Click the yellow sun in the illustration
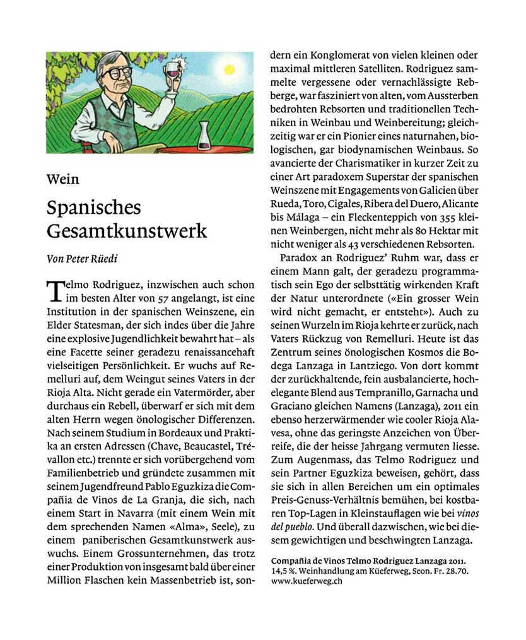click(x=229, y=71)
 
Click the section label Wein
click(x=63, y=179)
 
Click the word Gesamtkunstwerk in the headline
click(x=127, y=230)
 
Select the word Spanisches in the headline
click(x=93, y=208)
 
